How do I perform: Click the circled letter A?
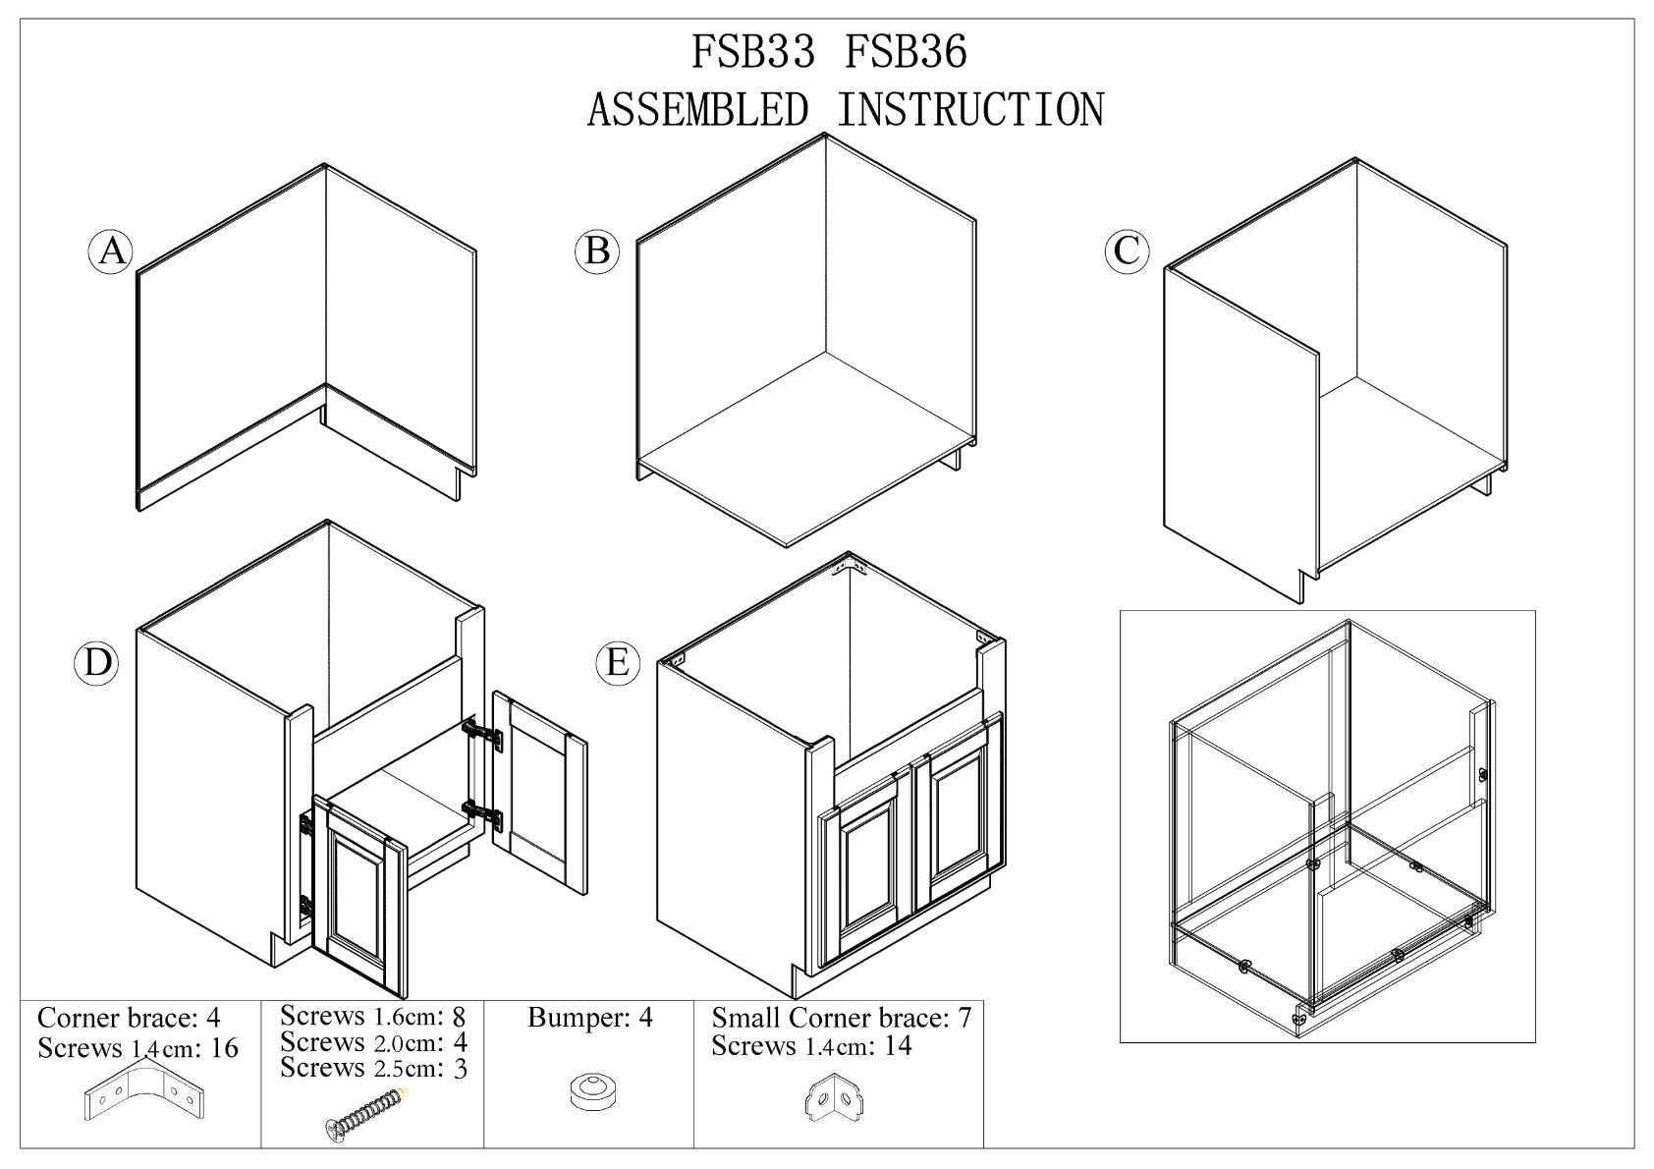coord(112,251)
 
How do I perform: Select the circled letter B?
coord(597,251)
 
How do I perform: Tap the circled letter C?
coord(1126,250)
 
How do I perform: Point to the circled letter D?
coord(97,662)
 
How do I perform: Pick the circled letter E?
coord(617,662)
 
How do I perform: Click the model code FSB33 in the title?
coord(753,53)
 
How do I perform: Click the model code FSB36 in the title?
coord(906,53)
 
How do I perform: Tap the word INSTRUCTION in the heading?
coord(970,110)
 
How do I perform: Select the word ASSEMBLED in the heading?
coord(698,110)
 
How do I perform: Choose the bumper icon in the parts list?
coord(588,1091)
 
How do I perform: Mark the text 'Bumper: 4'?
coord(589,1018)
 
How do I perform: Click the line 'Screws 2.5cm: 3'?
coord(373,1068)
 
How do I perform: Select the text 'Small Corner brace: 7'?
coord(841,1018)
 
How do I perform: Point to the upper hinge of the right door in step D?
coord(482,733)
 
